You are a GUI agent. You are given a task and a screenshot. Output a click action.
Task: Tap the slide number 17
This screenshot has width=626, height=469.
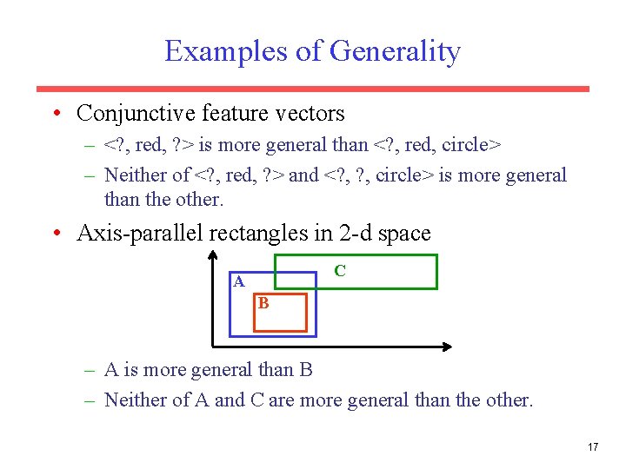tap(593, 447)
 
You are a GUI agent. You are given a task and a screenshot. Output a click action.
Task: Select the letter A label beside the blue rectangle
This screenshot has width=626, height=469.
tap(238, 281)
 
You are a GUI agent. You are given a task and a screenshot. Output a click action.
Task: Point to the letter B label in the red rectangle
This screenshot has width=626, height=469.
tap(263, 304)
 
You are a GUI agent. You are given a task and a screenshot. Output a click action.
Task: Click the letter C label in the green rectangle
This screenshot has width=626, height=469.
tap(340, 271)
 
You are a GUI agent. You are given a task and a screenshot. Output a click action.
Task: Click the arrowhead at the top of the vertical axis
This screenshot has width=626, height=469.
tap(213, 255)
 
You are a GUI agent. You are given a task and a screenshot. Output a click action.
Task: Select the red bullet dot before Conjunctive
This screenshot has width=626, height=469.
tap(56, 114)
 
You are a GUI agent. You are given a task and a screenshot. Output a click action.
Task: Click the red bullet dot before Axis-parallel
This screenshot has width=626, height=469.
tap(56, 234)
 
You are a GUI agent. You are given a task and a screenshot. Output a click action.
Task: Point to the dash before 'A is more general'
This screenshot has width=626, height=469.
tap(90, 371)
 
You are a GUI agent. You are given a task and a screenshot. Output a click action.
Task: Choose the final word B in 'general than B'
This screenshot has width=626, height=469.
tap(306, 371)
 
